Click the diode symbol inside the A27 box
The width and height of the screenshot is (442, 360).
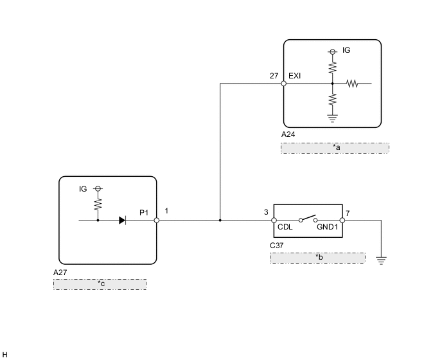tap(122, 220)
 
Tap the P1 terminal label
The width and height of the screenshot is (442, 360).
tap(145, 212)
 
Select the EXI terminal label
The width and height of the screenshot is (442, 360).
tap(295, 76)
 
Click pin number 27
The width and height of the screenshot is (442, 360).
tap(274, 76)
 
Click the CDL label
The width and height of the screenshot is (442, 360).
tap(285, 227)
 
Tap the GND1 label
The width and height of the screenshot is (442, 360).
tap(326, 227)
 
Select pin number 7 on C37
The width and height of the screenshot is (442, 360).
tap(348, 212)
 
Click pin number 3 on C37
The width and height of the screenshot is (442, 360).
tap(266, 212)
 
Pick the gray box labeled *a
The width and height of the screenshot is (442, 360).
tap(335, 148)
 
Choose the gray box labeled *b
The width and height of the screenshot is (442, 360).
tap(317, 258)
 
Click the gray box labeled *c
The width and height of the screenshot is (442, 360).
tap(100, 284)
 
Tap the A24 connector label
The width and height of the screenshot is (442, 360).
tap(288, 135)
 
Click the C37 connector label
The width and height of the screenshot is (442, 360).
tap(277, 245)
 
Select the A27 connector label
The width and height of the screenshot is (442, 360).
tap(60, 272)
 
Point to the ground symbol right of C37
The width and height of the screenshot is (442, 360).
tap(382, 260)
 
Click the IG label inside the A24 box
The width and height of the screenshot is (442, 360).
tap(347, 50)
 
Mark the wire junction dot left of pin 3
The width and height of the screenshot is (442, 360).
tap(220, 220)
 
